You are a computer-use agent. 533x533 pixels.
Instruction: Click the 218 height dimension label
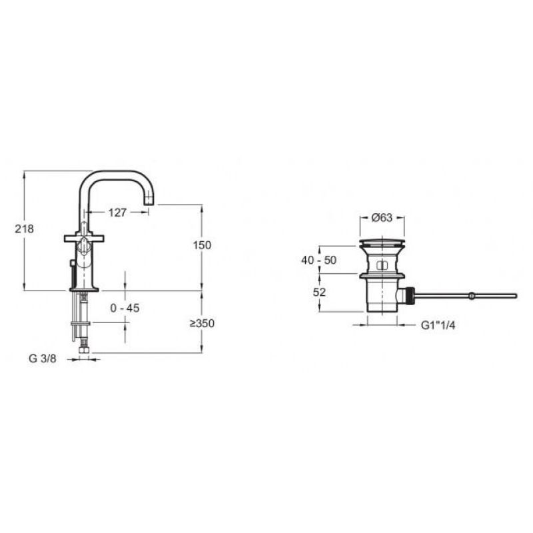coord(24,229)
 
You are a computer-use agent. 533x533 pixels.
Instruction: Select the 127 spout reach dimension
coord(117,213)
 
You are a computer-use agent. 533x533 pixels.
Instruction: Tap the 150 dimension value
coord(202,245)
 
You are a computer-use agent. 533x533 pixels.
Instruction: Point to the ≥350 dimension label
coord(203,323)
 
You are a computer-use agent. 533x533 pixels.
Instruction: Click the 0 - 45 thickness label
coord(125,308)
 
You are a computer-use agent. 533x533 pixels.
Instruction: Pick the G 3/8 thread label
coord(42,358)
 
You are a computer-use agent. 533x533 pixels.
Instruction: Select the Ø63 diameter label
coord(382,217)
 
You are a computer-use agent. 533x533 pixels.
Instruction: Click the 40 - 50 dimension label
coord(318,260)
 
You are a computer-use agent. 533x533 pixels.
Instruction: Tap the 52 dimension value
coord(319,292)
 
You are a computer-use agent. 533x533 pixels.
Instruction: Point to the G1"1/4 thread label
coord(438,325)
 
